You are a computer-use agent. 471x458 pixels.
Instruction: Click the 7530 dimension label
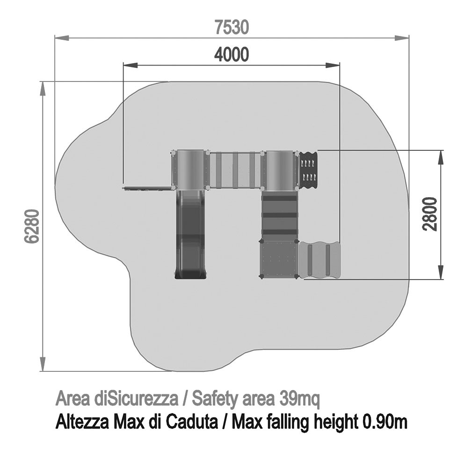tap(232, 27)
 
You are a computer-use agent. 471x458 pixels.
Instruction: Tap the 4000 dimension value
tap(232, 55)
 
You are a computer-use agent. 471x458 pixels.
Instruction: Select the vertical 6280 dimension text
tap(31, 226)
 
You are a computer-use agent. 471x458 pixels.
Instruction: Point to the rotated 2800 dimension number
tap(429, 214)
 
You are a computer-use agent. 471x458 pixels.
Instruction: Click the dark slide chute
tap(191, 235)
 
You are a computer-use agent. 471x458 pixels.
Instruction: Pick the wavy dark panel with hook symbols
tap(308, 170)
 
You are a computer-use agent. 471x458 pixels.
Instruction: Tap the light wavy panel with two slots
tap(319, 259)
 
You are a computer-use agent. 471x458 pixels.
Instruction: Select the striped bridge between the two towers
tap(235, 170)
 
